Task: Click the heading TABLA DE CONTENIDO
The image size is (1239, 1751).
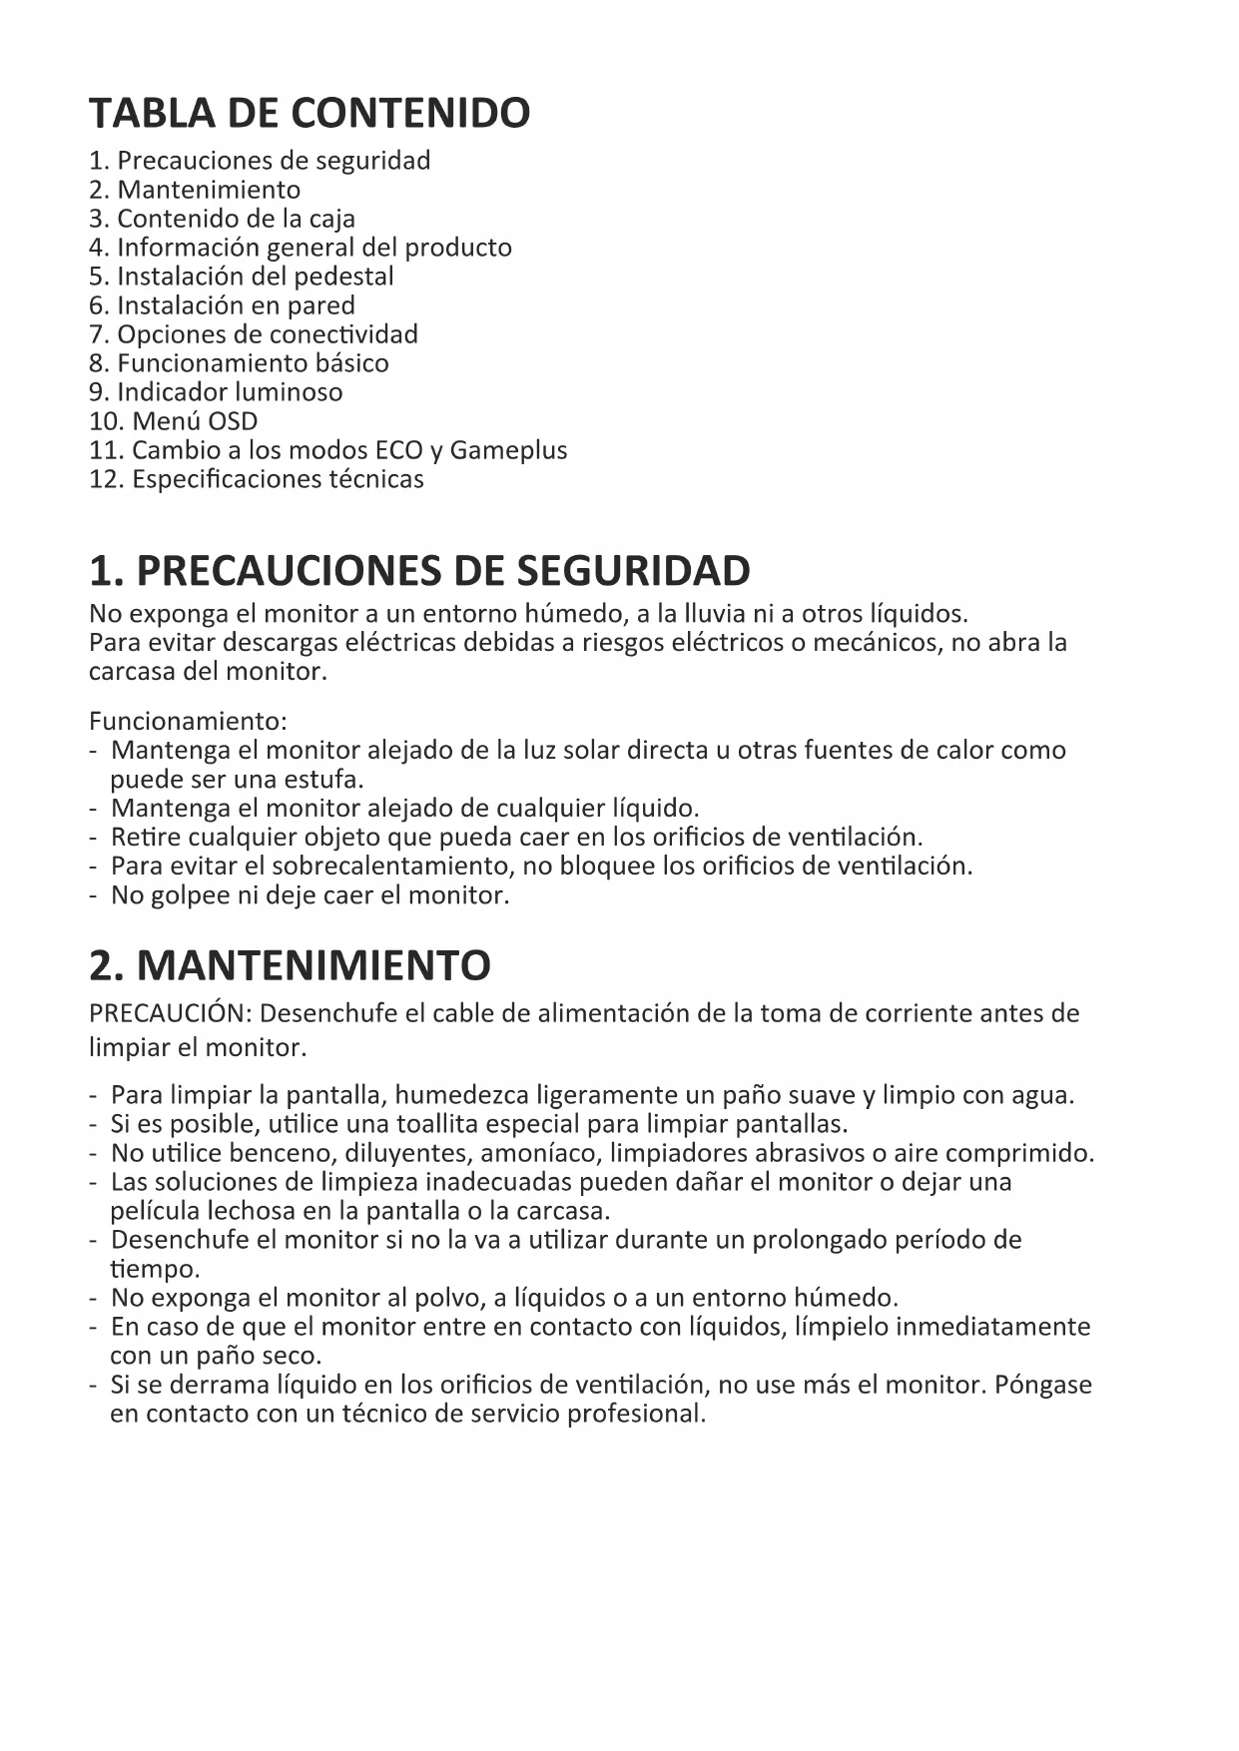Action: [x=310, y=113]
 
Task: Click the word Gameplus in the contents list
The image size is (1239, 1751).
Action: [x=508, y=450]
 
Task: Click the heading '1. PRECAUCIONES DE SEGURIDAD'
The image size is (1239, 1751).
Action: [x=419, y=571]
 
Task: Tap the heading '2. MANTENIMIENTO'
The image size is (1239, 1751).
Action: [x=290, y=965]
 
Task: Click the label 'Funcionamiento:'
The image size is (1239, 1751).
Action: [x=188, y=721]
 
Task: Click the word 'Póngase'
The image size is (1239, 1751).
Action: [x=1043, y=1386]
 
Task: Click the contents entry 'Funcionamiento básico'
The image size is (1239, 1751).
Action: [x=253, y=363]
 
